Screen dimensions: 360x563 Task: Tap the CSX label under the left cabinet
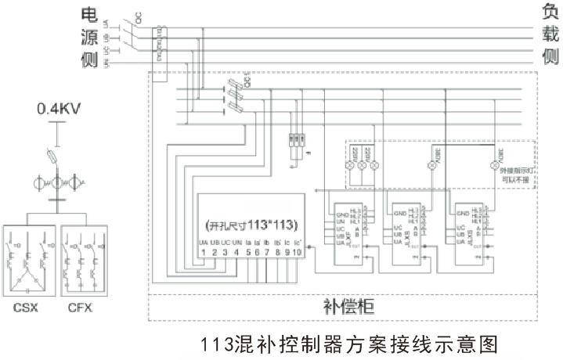(x=27, y=308)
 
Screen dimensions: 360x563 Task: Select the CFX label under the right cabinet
(x=81, y=308)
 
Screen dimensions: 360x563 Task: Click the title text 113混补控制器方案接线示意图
(x=348, y=344)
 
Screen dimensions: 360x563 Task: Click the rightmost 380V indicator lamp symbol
(x=493, y=165)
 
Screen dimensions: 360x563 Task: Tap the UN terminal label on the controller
(x=236, y=242)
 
